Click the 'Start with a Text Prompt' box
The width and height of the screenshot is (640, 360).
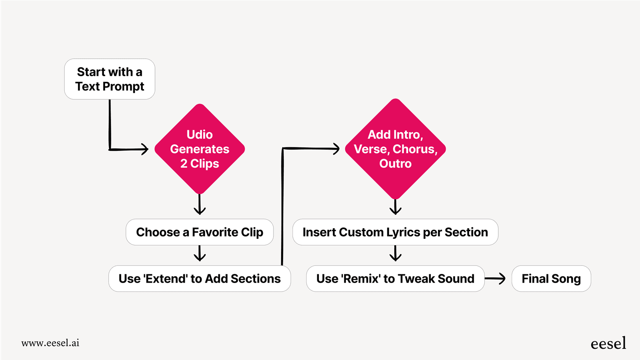110,79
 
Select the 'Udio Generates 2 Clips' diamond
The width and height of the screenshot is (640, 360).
200,149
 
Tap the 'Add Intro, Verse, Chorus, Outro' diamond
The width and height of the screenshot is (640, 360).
395,149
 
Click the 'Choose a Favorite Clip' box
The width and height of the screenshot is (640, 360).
200,232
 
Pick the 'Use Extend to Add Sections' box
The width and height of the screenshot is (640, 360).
200,278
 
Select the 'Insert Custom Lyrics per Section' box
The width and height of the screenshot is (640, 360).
395,232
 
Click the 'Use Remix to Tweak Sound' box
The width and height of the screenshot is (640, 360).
395,278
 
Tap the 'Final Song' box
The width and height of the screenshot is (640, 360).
551,278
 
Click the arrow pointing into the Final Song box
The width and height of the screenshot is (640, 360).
495,278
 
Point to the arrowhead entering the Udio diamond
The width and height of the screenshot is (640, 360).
144,149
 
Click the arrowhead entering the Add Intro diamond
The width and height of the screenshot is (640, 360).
336,149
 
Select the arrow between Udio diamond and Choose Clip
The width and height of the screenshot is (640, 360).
200,205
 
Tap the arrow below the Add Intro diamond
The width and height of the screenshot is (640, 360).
395,207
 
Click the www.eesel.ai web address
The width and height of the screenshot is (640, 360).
50,343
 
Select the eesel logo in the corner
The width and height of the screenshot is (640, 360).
608,344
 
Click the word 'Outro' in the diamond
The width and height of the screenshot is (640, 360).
395,163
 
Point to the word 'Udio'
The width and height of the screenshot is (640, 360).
200,134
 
